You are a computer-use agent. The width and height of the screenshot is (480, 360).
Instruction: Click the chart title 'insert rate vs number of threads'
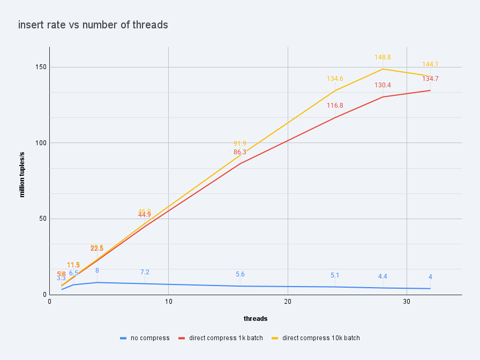click(x=93, y=25)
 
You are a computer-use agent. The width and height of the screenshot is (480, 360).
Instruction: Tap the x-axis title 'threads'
click(x=256, y=318)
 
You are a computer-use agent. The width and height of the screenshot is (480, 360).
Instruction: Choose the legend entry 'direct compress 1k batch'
click(x=221, y=338)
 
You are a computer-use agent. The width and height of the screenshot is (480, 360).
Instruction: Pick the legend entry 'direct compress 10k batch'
click(x=317, y=338)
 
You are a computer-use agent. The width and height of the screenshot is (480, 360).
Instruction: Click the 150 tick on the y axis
click(x=42, y=67)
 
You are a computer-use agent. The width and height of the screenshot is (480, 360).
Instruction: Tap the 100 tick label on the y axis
click(x=42, y=143)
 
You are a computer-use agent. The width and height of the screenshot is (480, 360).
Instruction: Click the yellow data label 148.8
click(x=382, y=57)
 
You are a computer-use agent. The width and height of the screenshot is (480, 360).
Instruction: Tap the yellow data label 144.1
click(x=430, y=64)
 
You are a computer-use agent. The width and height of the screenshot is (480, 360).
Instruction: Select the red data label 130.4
click(x=382, y=85)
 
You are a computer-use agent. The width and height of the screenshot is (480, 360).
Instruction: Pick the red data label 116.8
click(x=335, y=106)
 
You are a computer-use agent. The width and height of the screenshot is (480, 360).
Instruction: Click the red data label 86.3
click(x=240, y=152)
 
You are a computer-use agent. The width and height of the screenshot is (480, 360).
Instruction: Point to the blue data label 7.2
click(x=145, y=272)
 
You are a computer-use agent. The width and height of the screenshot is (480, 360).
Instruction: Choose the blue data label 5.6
click(x=240, y=274)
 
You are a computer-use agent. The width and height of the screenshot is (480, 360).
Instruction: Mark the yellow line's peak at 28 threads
click(x=382, y=69)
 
